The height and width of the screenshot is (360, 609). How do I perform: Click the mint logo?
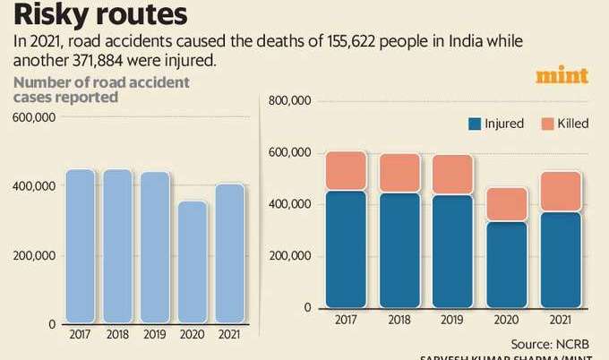[x=562, y=77]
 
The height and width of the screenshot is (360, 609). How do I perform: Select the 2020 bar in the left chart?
[x=193, y=261]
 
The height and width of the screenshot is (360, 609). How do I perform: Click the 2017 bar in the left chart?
[x=80, y=245]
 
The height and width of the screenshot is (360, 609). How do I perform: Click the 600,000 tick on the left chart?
[x=35, y=118]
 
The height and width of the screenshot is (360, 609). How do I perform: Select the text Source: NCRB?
[x=549, y=342]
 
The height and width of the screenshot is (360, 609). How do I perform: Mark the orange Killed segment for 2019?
[x=452, y=175]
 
